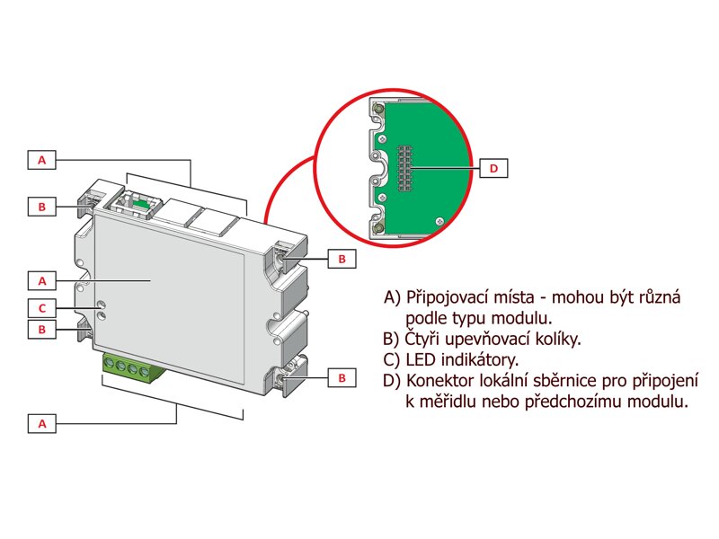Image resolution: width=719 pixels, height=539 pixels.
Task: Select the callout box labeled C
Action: (42, 307)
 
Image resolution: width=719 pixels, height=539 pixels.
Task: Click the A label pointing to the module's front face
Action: (42, 278)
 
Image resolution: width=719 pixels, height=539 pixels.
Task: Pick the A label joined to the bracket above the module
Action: (42, 160)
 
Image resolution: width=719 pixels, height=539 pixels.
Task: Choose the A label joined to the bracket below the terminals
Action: (42, 421)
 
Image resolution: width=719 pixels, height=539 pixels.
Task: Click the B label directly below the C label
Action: (42, 330)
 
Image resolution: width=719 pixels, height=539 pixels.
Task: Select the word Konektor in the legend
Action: (439, 381)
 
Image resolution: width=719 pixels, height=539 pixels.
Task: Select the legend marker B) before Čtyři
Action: (392, 340)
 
